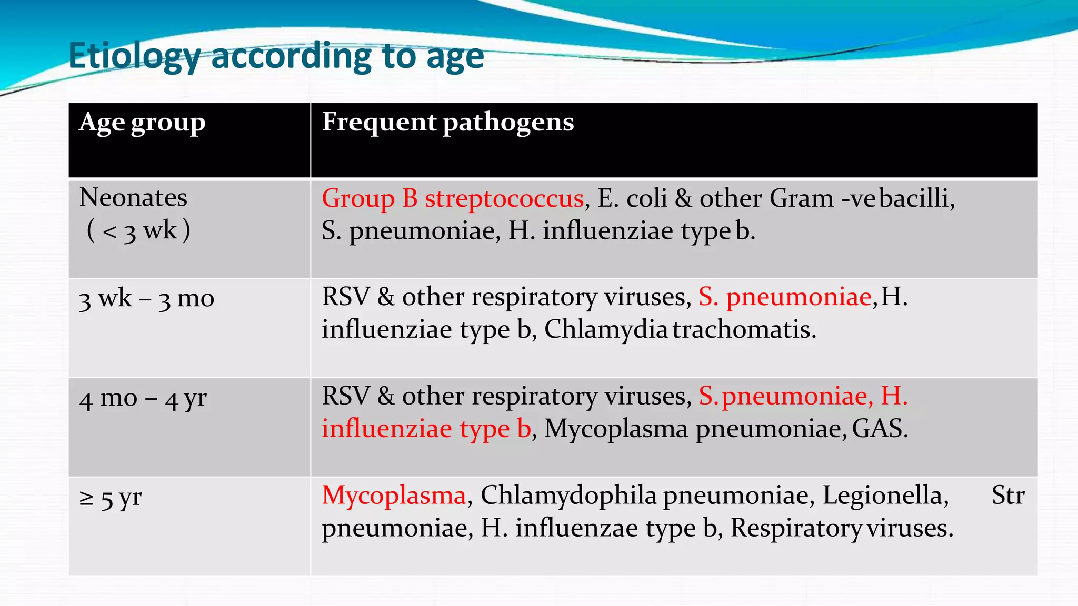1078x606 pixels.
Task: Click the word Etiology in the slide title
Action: tap(134, 56)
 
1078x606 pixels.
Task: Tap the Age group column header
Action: tap(142, 123)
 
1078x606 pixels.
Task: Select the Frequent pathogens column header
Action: tap(447, 122)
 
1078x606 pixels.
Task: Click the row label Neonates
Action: tap(133, 198)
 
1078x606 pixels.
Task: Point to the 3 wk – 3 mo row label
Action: tap(146, 299)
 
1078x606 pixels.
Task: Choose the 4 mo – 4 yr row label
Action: tap(143, 398)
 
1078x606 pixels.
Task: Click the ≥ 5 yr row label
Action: tap(111, 498)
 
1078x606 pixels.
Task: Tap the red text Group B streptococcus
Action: tap(453, 199)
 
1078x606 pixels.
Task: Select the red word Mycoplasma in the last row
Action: tap(394, 496)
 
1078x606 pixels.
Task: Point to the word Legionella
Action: tap(885, 496)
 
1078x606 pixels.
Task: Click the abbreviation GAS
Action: tap(880, 429)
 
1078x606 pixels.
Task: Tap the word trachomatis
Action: tap(744, 330)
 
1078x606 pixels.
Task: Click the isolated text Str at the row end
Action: tap(1008, 496)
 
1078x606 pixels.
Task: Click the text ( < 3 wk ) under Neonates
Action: tap(138, 231)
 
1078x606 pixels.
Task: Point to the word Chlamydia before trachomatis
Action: tap(606, 330)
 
